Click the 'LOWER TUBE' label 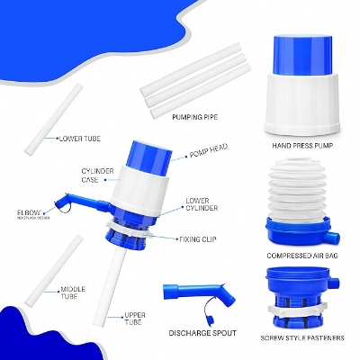(x=80, y=139)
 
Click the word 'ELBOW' (x=28, y=212)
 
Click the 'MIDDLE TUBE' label (x=73, y=291)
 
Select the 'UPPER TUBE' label (x=135, y=319)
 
